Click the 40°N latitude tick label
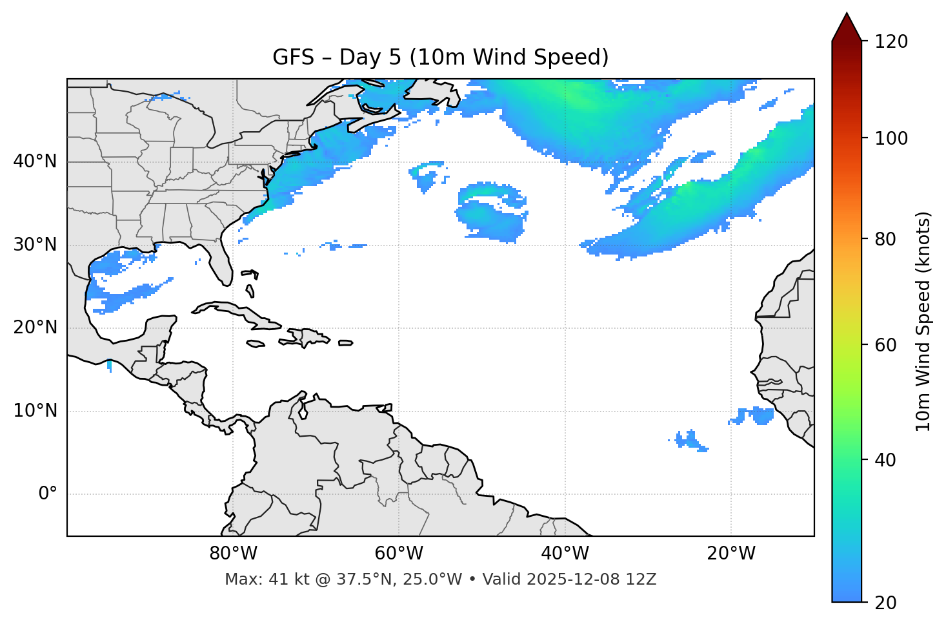pos(35,162)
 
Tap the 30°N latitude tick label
pos(35,245)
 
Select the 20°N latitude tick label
pos(35,328)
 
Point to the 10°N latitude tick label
pos(35,411)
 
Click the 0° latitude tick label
pos(48,494)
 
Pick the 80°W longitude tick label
pos(233,554)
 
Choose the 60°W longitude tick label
pos(399,554)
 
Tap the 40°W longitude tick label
pos(565,554)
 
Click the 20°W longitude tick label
pos(731,554)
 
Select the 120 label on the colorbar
pos(891,42)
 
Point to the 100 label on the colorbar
pos(891,138)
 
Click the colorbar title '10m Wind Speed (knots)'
pos(923,321)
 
